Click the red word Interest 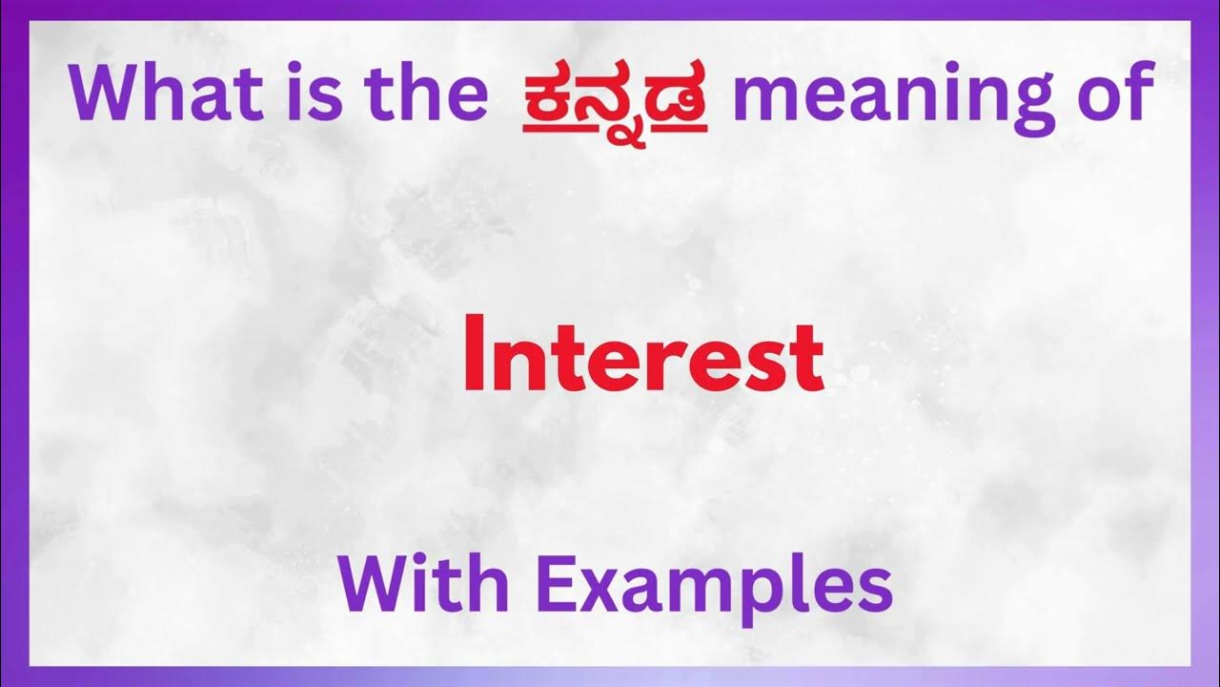(643, 358)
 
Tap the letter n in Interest (513, 364)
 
